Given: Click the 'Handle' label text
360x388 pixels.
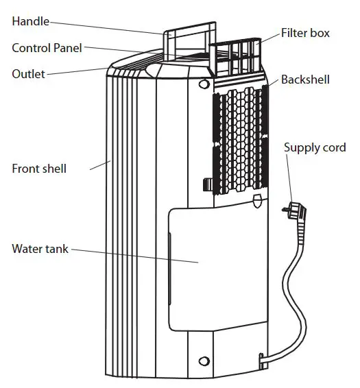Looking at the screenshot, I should click(x=31, y=21).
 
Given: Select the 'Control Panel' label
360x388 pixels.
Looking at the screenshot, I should click(x=47, y=48).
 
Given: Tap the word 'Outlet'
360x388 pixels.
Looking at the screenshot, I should click(x=29, y=73).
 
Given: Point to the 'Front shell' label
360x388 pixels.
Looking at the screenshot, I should click(x=39, y=168).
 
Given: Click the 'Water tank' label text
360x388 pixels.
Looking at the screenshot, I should click(x=40, y=249).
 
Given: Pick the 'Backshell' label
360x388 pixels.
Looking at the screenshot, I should click(x=305, y=80).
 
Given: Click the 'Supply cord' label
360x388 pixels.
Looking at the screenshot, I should click(x=315, y=147).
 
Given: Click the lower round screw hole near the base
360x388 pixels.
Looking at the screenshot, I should click(x=203, y=361).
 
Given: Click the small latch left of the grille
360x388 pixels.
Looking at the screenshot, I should click(x=208, y=184).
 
